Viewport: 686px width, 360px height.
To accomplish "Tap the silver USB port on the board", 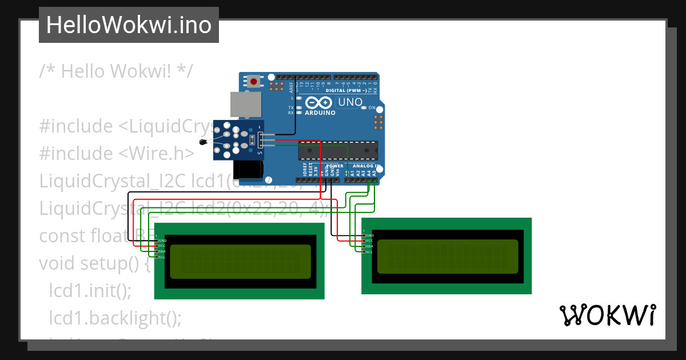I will (245, 105).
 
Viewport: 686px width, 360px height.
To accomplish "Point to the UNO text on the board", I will (350, 102).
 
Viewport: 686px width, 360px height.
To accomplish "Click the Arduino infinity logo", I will (319, 103).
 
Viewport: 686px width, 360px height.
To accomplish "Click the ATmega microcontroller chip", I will (337, 150).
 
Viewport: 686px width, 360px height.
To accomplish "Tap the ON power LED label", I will (372, 108).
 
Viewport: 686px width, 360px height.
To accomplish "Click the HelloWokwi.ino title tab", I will (129, 25).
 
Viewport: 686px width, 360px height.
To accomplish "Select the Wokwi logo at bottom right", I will (607, 315).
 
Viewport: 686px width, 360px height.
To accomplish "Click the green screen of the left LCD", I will (240, 261).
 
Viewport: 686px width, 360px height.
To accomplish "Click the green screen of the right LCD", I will (448, 256).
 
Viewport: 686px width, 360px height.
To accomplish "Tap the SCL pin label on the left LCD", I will (162, 257).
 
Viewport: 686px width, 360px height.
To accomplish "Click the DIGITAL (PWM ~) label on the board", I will (346, 91).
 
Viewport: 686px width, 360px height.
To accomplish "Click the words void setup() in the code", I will (94, 263).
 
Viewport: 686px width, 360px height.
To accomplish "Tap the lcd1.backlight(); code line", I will (115, 318).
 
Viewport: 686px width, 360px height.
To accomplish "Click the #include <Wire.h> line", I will (117, 153).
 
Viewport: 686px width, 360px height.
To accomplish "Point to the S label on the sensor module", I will (260, 153).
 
